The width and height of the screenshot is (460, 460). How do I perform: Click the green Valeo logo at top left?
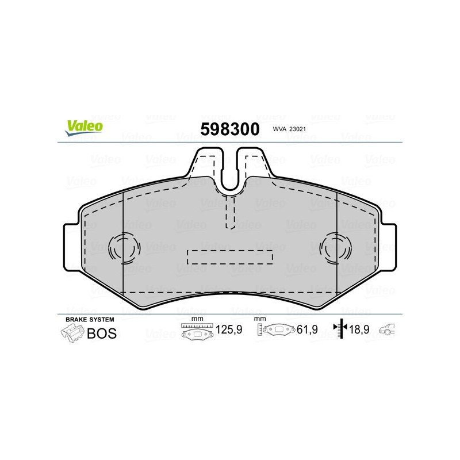84,128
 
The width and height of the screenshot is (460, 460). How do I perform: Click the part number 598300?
229,129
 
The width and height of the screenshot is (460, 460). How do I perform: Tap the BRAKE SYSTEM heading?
90,319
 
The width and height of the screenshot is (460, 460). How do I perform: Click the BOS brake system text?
101,333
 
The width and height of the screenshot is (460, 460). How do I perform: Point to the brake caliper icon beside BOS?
72,333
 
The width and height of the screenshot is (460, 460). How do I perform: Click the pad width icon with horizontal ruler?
197,332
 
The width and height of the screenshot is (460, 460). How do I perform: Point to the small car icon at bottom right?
390,330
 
